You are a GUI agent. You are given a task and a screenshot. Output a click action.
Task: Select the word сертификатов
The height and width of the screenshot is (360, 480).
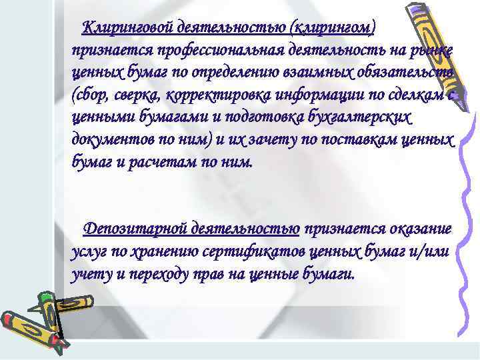pos(261,252)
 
